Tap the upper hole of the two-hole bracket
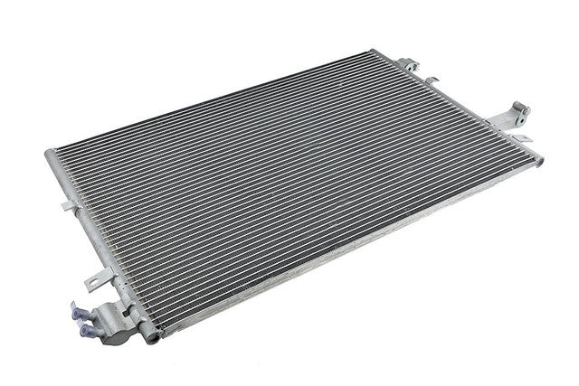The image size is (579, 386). coord(522,111)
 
